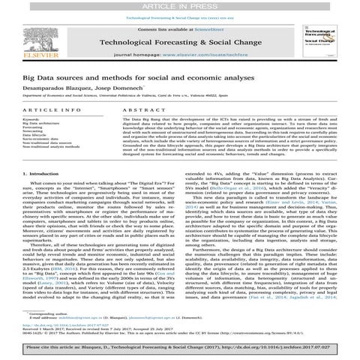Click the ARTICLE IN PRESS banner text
pyautogui.click(x=180, y=5)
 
